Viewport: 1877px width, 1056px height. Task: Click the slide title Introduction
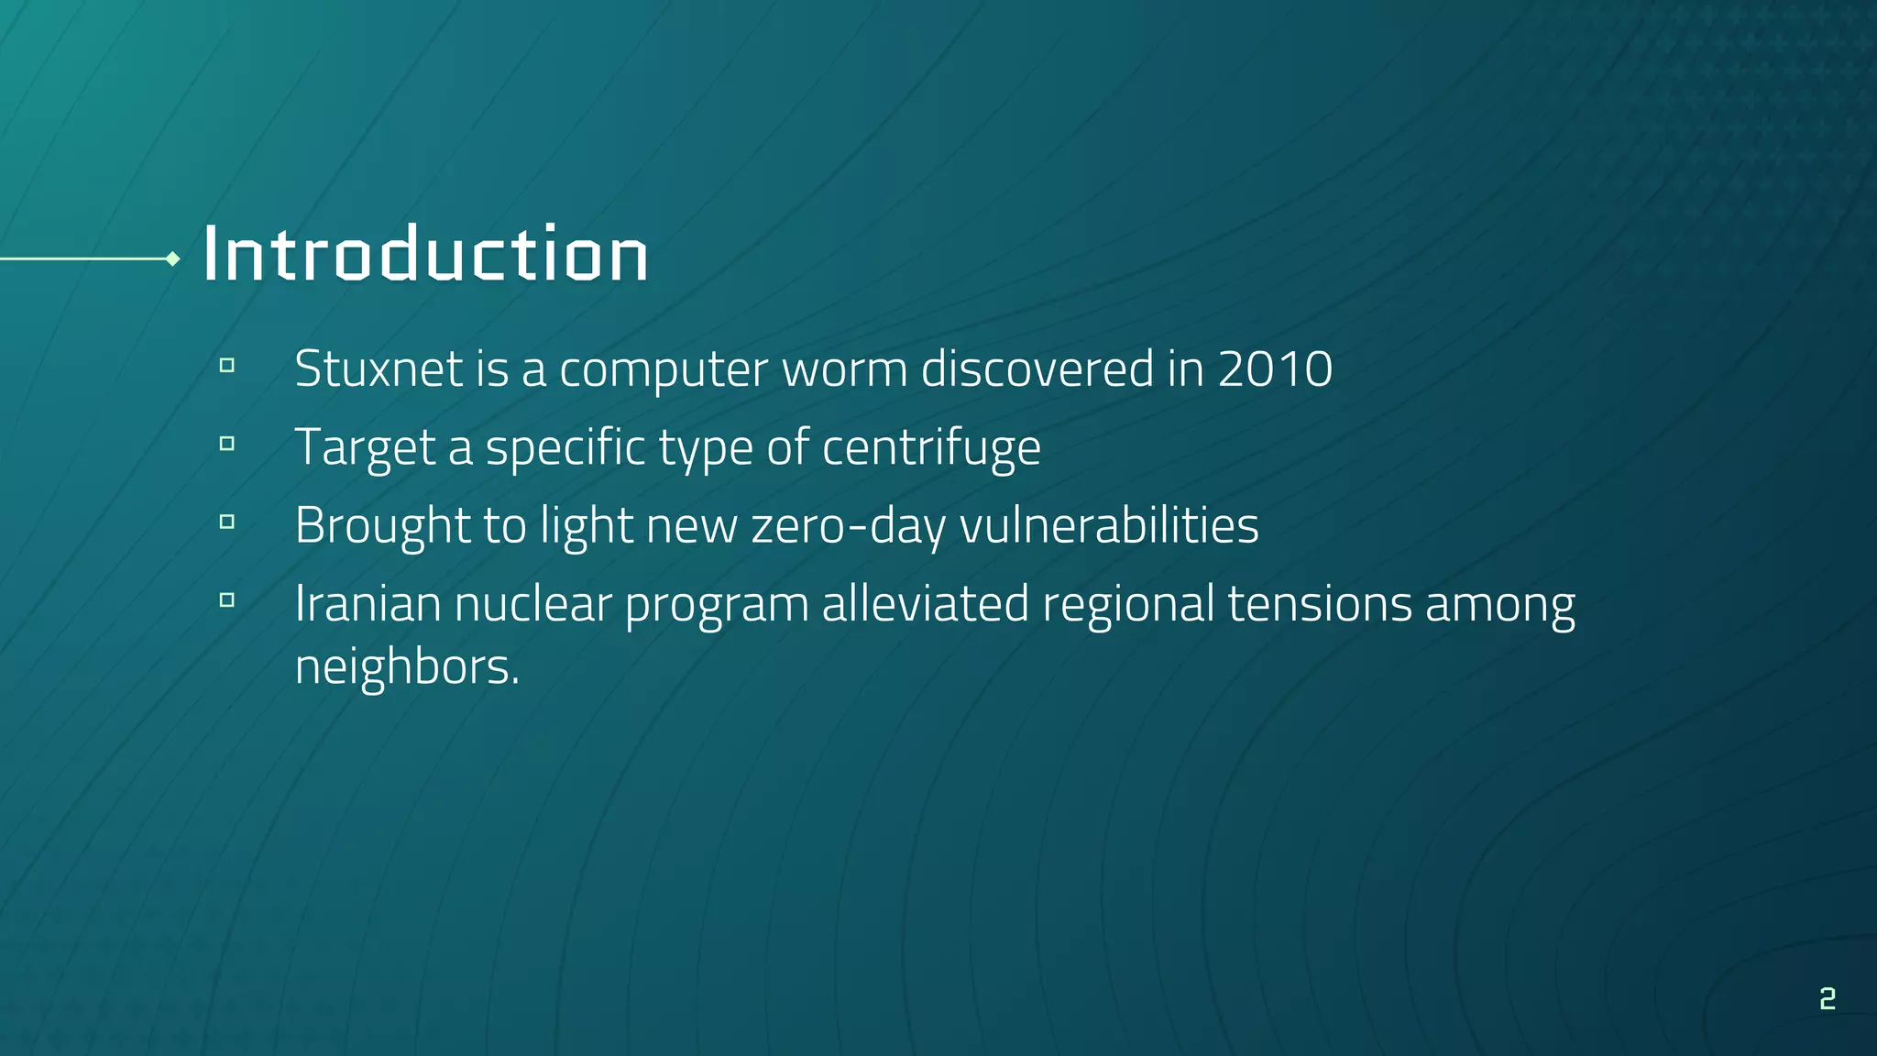coord(425,254)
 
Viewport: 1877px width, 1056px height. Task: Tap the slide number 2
coord(1828,998)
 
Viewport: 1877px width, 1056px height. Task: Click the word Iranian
coord(368,604)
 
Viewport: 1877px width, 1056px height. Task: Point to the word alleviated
coord(925,604)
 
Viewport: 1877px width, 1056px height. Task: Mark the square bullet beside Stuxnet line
coord(227,366)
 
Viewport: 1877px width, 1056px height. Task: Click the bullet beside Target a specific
coord(227,445)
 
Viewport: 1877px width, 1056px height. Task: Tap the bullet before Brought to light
coord(227,522)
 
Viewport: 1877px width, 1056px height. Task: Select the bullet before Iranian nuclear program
coord(227,601)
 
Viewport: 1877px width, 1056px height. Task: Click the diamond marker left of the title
coord(172,259)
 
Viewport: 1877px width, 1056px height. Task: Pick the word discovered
coord(1037,368)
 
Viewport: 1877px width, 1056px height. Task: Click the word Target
coord(365,447)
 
